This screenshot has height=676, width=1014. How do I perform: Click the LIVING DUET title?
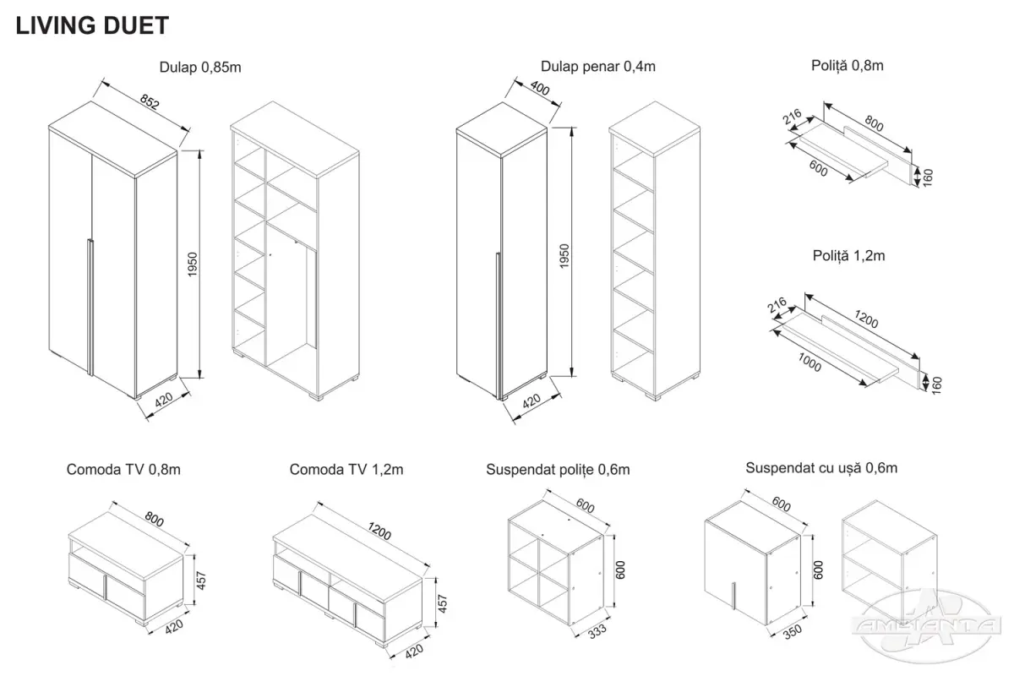[x=92, y=25]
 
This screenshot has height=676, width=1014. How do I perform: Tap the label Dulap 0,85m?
[x=200, y=68]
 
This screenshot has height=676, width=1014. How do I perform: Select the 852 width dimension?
[x=150, y=102]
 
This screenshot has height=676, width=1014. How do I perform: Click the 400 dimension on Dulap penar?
[x=540, y=88]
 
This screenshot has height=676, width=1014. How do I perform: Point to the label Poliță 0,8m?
[x=847, y=66]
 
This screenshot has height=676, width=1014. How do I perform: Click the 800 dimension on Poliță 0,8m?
[x=874, y=123]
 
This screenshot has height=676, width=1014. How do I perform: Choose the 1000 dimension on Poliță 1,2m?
[x=810, y=363]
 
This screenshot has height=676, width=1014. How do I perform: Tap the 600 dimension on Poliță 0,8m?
[x=818, y=168]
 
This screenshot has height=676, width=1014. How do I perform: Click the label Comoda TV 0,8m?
[x=123, y=470]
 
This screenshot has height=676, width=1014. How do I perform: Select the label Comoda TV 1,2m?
[x=346, y=470]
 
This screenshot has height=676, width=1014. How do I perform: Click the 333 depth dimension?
[x=597, y=631]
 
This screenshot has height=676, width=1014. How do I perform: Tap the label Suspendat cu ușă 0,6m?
[x=821, y=468]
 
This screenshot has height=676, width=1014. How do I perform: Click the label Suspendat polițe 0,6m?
[x=558, y=470]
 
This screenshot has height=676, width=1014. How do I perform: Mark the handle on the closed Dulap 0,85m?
[x=90, y=307]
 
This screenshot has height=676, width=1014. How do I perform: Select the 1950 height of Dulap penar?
[x=564, y=256]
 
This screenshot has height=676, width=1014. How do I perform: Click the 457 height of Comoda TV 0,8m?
[x=201, y=581]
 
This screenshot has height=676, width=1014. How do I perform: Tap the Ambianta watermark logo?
[x=927, y=626]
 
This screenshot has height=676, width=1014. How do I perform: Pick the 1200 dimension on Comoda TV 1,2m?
[x=379, y=532]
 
